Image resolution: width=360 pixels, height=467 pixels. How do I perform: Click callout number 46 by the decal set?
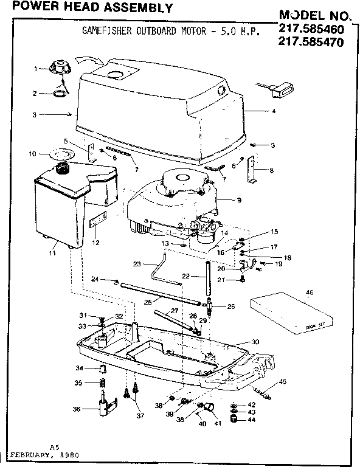(x=310, y=292)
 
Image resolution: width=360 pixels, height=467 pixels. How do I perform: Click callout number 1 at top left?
(x=36, y=68)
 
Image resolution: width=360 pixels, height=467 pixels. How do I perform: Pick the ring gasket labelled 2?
(x=61, y=94)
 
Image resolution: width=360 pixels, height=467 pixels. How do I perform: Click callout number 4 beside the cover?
(x=274, y=111)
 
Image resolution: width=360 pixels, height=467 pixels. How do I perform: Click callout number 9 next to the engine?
(x=240, y=199)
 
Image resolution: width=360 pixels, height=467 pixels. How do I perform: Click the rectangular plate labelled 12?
(x=97, y=223)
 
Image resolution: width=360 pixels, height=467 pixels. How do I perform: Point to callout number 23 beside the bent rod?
(x=137, y=263)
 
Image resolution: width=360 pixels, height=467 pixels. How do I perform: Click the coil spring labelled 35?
(x=103, y=384)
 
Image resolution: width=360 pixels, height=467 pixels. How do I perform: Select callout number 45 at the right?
(x=282, y=381)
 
